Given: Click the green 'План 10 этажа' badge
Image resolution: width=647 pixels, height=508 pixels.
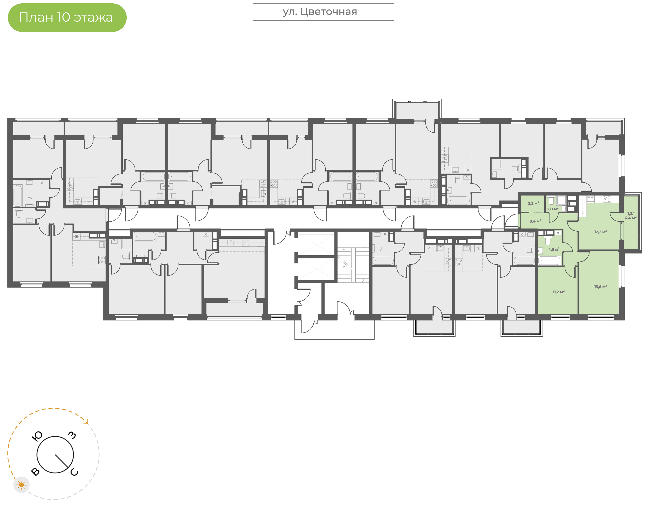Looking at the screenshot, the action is [67, 18].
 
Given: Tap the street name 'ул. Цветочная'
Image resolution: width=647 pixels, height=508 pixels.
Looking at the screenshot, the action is [320, 12].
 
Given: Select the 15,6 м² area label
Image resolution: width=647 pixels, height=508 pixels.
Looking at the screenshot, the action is [600, 287].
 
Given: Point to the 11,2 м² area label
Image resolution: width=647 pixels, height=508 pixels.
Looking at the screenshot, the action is [558, 292].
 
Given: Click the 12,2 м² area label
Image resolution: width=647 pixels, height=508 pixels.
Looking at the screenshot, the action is [600, 232].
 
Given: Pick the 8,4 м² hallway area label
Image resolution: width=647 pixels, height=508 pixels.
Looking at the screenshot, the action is [535, 221].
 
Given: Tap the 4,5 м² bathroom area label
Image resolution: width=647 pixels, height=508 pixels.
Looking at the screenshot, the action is [554, 249].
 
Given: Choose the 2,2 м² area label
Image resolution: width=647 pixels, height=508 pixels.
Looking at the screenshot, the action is [534, 203].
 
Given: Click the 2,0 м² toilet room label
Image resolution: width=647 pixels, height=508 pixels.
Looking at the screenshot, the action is [552, 209].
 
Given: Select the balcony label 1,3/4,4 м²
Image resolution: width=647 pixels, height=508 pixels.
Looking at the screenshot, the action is [630, 216].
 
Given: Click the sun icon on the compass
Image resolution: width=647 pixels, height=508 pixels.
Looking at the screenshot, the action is [21, 485].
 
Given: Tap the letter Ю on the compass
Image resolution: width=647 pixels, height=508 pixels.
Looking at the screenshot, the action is [37, 436].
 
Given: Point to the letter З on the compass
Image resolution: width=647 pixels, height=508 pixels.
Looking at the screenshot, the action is [72, 435].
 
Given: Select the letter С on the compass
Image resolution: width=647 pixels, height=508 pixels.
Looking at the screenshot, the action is [74, 472].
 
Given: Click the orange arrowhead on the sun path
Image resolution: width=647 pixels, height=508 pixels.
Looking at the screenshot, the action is [86, 421].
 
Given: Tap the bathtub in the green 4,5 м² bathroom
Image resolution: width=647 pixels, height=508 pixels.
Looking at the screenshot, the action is [550, 261].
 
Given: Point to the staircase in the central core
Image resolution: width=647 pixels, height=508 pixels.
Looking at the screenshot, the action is [353, 265].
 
